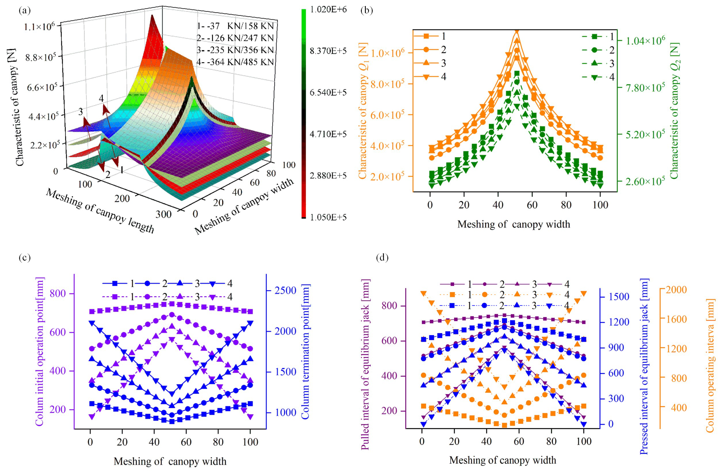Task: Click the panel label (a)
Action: [x=24, y=11]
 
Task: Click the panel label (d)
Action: [x=382, y=258]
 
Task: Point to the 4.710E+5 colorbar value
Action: [x=328, y=134]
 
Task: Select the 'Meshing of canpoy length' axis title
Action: [x=100, y=211]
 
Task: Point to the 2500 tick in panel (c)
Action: [x=285, y=291]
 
